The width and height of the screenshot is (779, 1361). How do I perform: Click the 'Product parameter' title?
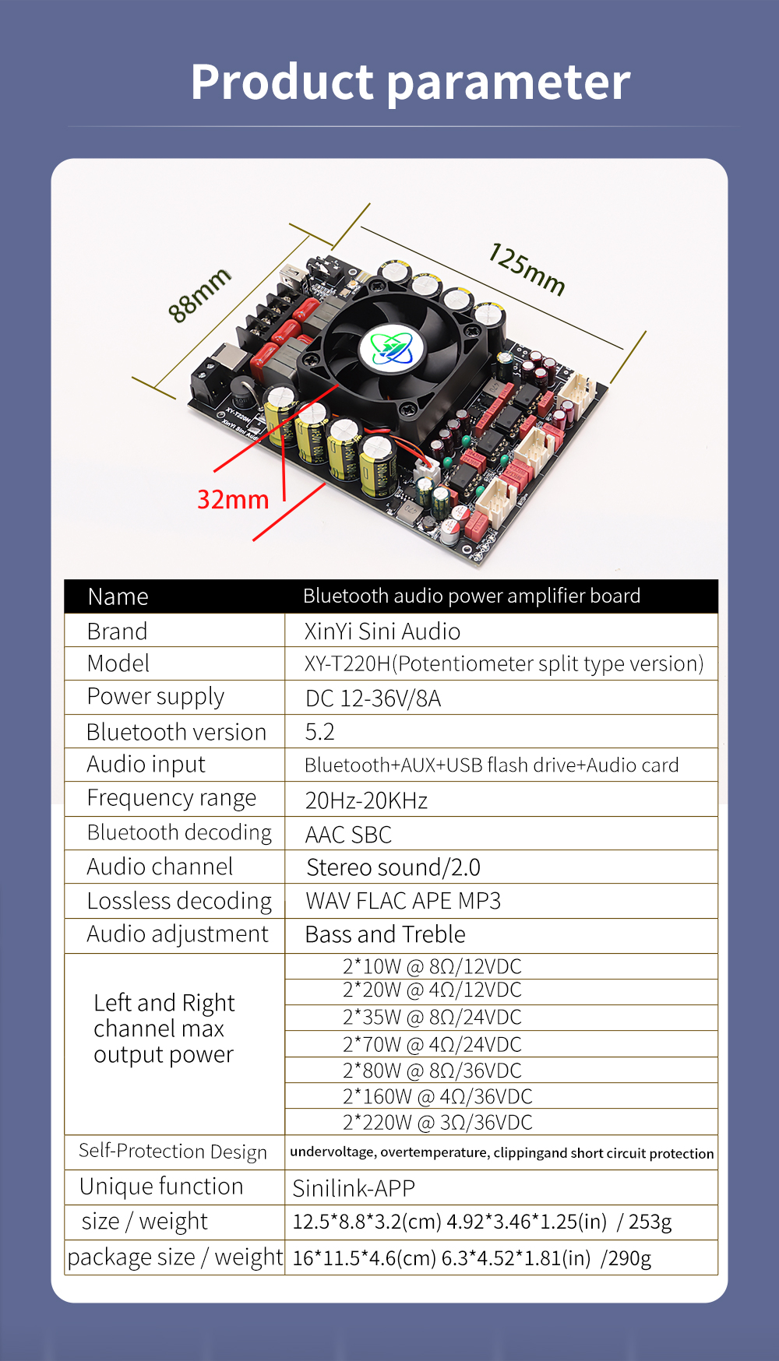[x=411, y=82]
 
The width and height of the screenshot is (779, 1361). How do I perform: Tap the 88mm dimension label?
[x=199, y=294]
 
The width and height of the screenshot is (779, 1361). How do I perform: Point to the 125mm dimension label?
[x=527, y=269]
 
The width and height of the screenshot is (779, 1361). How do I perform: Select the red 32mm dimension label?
[x=232, y=499]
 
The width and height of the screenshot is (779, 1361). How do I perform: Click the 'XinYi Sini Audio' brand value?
[x=382, y=631]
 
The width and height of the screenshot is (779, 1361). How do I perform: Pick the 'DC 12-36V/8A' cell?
[x=373, y=698]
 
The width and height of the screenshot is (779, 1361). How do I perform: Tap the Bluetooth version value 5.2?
[x=319, y=732]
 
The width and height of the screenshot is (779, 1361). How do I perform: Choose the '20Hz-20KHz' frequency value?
[x=366, y=800]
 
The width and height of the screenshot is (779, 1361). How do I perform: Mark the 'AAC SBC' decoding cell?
[x=348, y=835]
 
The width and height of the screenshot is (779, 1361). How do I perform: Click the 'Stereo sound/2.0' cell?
[x=393, y=867]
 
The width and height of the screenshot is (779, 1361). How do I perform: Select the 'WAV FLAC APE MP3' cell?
[x=403, y=901]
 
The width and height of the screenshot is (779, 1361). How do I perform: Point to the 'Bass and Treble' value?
[x=385, y=934]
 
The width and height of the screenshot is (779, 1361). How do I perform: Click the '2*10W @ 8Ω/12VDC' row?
[x=432, y=967]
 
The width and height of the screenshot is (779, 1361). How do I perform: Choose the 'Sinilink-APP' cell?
[x=353, y=1188]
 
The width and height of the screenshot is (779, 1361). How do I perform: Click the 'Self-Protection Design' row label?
[x=173, y=1152]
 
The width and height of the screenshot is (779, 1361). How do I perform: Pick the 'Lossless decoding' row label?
[x=179, y=901]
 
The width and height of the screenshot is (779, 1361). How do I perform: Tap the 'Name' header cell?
[x=118, y=596]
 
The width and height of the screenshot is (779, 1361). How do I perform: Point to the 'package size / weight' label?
[x=174, y=1257]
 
